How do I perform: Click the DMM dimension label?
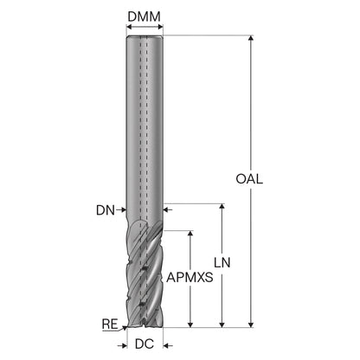coord(144,16)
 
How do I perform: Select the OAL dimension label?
coord(249,179)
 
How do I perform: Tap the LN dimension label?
coord(222,262)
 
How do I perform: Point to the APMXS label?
coord(190,278)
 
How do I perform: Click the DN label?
coord(106,210)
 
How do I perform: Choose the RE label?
coord(110,325)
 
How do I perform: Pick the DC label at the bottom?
coord(145,344)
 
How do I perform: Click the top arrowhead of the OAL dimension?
coord(251,39)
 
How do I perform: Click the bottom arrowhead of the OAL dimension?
coord(251,325)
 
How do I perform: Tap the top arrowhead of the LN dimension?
coord(222,207)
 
